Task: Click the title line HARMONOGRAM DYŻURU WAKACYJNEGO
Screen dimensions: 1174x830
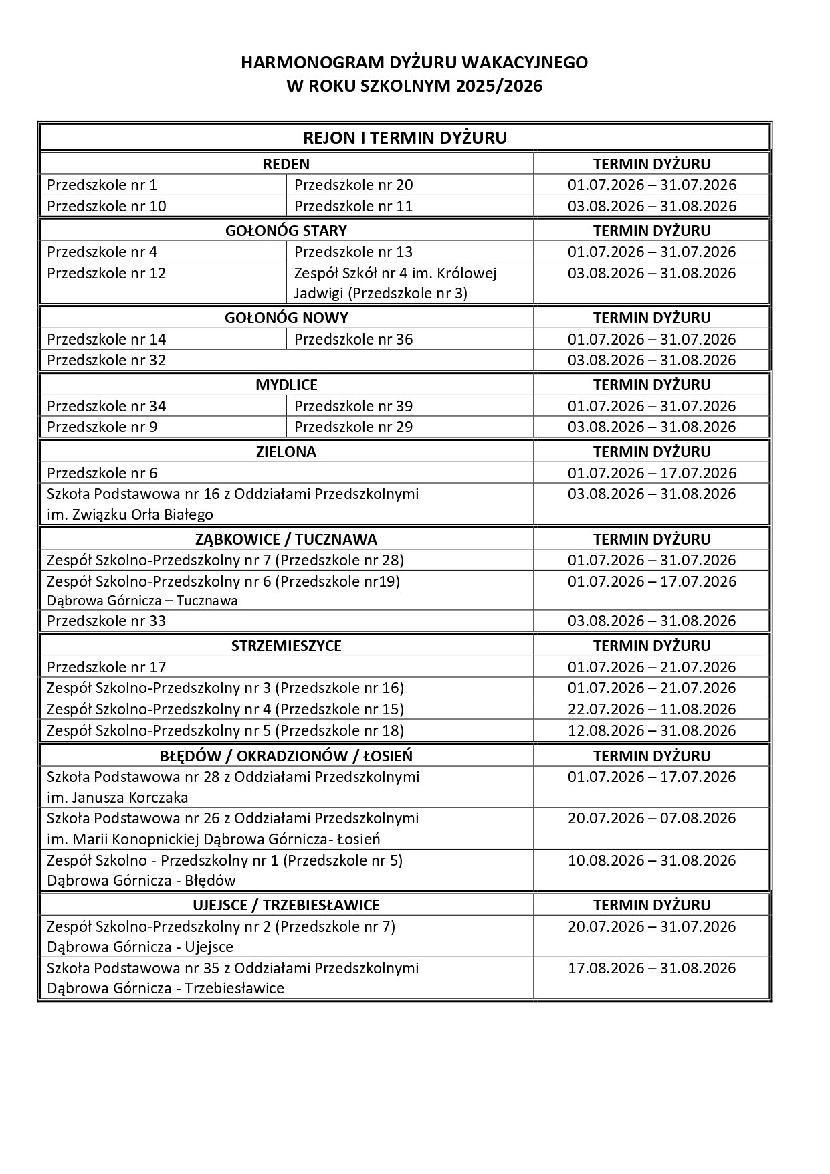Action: (x=414, y=63)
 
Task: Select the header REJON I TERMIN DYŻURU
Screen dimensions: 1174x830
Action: (x=405, y=138)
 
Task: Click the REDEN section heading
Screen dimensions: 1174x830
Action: (x=286, y=164)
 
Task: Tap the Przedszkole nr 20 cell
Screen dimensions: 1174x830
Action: (x=353, y=185)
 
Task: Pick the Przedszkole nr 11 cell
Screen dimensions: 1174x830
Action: (x=353, y=206)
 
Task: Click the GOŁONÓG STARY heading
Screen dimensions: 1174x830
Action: (x=286, y=231)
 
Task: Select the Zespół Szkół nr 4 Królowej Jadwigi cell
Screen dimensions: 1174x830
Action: (x=395, y=283)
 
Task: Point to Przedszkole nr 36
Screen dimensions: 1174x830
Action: (x=353, y=339)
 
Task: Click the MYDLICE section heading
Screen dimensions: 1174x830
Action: (x=286, y=385)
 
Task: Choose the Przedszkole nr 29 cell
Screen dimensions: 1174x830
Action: (x=353, y=427)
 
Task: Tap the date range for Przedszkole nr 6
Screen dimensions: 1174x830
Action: (x=651, y=473)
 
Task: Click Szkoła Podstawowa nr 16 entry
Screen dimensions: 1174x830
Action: (x=233, y=504)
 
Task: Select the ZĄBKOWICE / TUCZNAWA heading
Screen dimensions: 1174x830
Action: (x=286, y=539)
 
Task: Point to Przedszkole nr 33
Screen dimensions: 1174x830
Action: (x=106, y=621)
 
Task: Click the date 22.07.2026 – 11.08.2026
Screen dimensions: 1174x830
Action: (x=651, y=709)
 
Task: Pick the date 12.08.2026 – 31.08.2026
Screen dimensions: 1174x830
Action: (x=651, y=730)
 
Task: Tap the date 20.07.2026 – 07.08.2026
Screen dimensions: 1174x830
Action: (x=651, y=818)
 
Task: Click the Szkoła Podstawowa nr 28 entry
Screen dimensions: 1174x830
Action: (x=233, y=787)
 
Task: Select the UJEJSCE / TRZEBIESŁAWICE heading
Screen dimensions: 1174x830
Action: (x=286, y=905)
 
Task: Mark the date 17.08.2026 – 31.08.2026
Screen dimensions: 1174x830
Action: (x=651, y=968)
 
